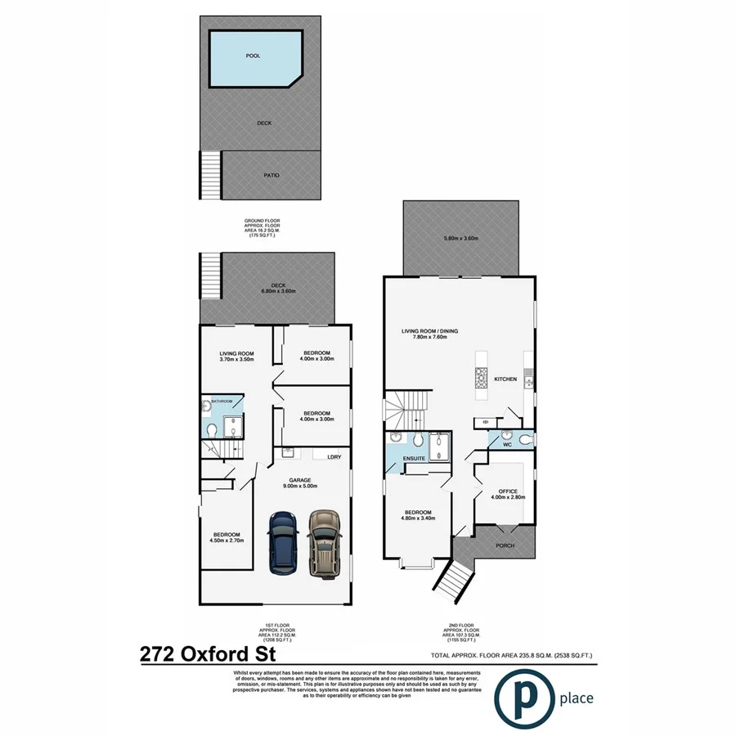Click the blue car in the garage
(x=284, y=542)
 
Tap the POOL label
(x=254, y=57)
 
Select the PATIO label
(x=272, y=174)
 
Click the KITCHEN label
(x=505, y=379)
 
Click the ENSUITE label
(x=414, y=459)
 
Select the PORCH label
(x=505, y=545)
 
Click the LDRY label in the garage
(x=334, y=457)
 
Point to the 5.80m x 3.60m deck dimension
(x=460, y=238)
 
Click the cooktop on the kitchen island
(x=480, y=377)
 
